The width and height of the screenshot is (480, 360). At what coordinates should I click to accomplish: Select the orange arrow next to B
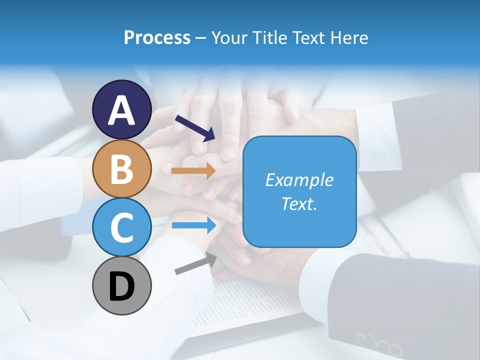click(x=193, y=170)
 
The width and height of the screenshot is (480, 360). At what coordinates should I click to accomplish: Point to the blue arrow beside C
click(x=194, y=225)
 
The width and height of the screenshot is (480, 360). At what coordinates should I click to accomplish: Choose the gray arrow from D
click(x=195, y=263)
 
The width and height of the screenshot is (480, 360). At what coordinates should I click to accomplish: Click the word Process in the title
click(x=157, y=37)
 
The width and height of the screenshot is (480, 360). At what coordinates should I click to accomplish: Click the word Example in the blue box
click(x=299, y=180)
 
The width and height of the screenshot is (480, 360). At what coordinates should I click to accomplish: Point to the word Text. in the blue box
click(x=299, y=203)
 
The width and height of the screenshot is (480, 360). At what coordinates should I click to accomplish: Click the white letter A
click(x=121, y=110)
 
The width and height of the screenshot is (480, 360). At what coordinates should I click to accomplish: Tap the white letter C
click(x=121, y=228)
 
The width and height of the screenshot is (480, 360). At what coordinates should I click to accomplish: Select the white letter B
click(x=121, y=169)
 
